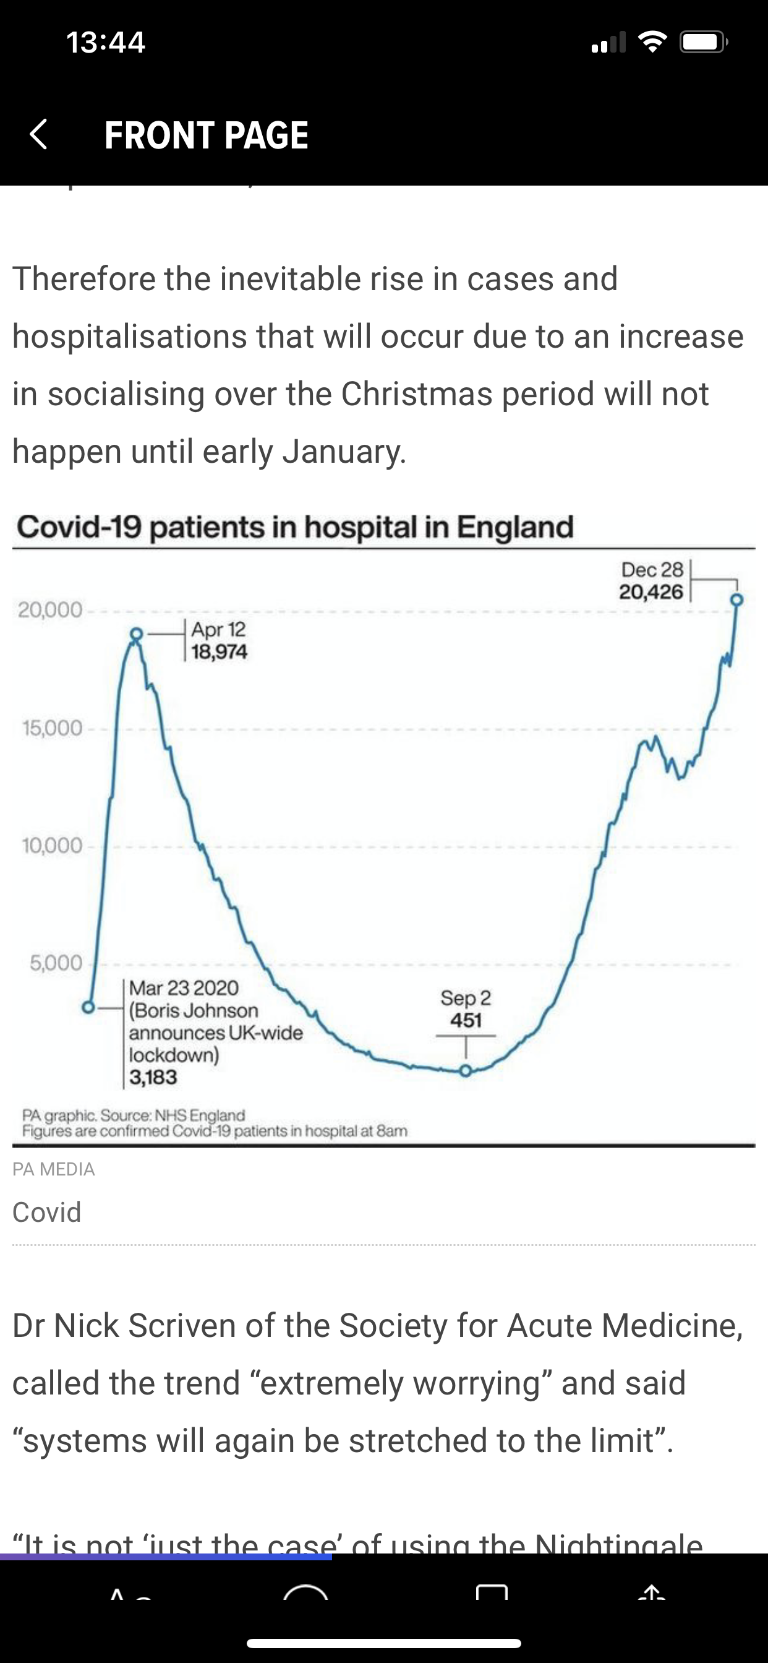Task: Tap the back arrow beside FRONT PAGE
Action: click(39, 134)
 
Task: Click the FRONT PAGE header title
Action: click(207, 135)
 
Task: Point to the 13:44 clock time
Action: click(106, 43)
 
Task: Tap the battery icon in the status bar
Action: click(703, 43)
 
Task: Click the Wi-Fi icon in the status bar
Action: click(652, 43)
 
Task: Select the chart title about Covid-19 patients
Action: click(295, 526)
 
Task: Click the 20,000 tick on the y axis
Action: click(50, 609)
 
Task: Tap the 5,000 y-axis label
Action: click(56, 963)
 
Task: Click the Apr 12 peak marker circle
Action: click(136, 634)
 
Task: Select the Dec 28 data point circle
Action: click(737, 599)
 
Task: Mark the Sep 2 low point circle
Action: click(466, 1071)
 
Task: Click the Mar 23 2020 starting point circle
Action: click(88, 1007)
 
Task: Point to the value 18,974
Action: click(220, 652)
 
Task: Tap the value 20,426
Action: click(651, 591)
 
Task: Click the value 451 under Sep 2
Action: click(466, 1021)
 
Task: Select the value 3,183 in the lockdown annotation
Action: click(153, 1077)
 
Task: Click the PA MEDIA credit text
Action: click(54, 1169)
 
